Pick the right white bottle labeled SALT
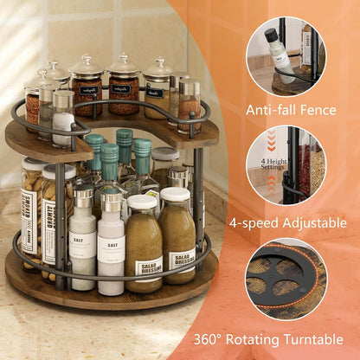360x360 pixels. click(111, 251)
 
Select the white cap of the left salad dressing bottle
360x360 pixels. click(141, 203)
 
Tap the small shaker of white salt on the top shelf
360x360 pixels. click(63, 121)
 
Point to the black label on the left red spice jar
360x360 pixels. click(87, 89)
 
